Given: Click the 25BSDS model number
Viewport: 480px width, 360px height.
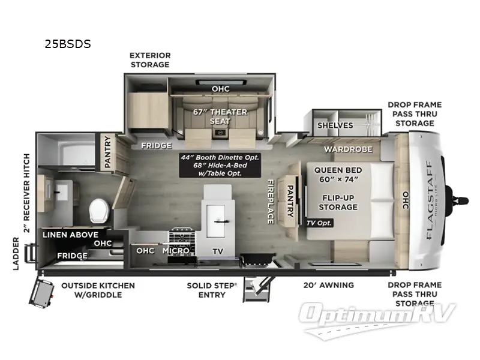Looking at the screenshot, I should (67, 44).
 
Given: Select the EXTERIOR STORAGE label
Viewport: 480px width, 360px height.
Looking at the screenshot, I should (150, 59).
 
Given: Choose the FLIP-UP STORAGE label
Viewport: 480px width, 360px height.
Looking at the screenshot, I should (338, 202).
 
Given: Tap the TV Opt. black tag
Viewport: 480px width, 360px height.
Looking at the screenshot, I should (319, 223).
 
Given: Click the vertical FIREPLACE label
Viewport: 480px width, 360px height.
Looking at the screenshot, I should (271, 201).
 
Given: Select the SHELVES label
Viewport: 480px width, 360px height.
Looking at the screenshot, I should (335, 125).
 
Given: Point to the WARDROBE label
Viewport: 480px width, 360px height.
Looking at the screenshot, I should (349, 149).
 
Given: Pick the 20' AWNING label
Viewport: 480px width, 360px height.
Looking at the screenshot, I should (329, 285).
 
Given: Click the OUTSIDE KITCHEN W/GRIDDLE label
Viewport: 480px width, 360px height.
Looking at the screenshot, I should (98, 290).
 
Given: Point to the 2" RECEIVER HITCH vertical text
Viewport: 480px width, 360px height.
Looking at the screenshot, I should (25, 191).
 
